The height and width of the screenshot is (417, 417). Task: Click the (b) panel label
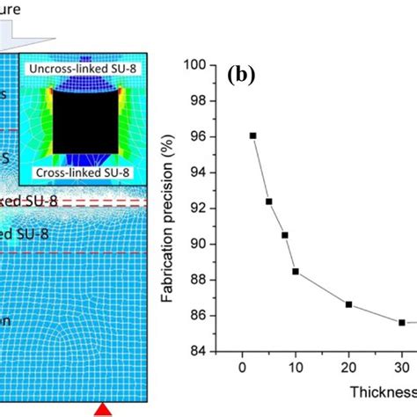pyautogui.click(x=240, y=74)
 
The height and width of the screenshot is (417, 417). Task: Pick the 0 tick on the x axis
pyautogui.click(x=242, y=367)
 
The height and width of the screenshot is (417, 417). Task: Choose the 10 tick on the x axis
pyautogui.click(x=296, y=367)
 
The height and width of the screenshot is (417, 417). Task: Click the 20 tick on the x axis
pyautogui.click(x=349, y=367)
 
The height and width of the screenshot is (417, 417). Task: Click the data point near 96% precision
pyautogui.click(x=253, y=135)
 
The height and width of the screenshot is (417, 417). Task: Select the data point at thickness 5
pyautogui.click(x=269, y=201)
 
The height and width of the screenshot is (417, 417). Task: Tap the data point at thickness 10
pyautogui.click(x=296, y=271)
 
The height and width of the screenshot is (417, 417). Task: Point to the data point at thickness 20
pyautogui.click(x=349, y=304)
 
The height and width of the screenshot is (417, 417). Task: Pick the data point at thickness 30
pyautogui.click(x=402, y=322)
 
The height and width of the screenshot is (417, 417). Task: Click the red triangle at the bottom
pyautogui.click(x=103, y=409)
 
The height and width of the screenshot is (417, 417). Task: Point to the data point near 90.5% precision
pyautogui.click(x=285, y=235)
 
